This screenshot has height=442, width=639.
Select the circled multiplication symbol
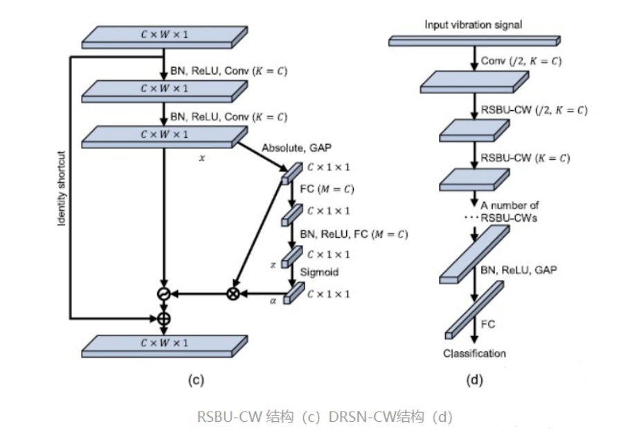(x=233, y=294)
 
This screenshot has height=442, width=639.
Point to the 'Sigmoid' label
(x=318, y=272)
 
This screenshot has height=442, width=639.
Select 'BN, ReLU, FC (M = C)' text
(x=353, y=234)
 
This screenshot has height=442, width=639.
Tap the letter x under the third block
(x=202, y=159)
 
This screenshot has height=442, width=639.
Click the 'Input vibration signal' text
(x=473, y=25)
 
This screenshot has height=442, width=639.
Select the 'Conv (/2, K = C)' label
(x=521, y=62)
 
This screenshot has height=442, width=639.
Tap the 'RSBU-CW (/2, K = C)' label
(x=534, y=109)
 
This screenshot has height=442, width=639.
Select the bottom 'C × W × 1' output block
(x=164, y=343)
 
